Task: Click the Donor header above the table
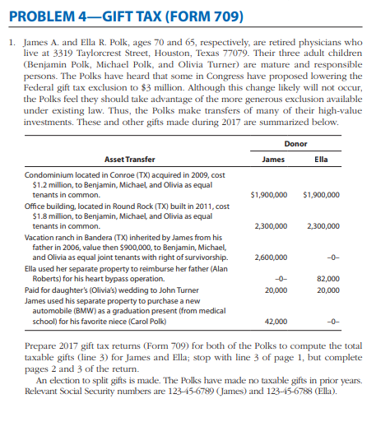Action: (x=294, y=143)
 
